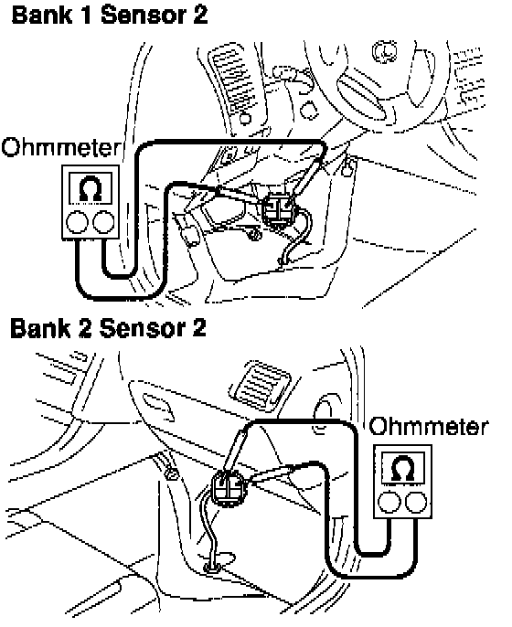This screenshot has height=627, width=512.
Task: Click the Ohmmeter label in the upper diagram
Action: tap(60, 147)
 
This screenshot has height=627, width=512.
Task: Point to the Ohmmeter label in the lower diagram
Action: tap(429, 426)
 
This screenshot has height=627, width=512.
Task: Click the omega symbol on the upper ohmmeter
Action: tap(91, 188)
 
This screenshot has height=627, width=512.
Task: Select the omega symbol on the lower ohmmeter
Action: tap(403, 467)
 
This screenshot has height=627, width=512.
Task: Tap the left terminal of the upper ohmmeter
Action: tap(77, 222)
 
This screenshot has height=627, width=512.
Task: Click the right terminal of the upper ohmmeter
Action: tap(103, 222)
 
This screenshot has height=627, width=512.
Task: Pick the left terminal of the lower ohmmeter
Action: tap(389, 502)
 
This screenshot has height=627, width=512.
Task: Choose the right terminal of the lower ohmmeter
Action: tap(416, 502)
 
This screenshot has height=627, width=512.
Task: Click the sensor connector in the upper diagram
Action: tap(279, 208)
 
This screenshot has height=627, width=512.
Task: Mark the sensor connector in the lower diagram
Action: tap(229, 487)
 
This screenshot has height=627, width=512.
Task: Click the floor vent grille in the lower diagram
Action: tap(260, 384)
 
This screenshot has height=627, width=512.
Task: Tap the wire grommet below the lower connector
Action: tap(213, 567)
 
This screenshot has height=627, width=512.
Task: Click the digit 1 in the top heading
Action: tap(87, 16)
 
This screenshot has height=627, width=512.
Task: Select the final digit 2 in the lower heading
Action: tap(198, 328)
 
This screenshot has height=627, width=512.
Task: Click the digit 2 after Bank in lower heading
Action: tap(85, 328)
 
